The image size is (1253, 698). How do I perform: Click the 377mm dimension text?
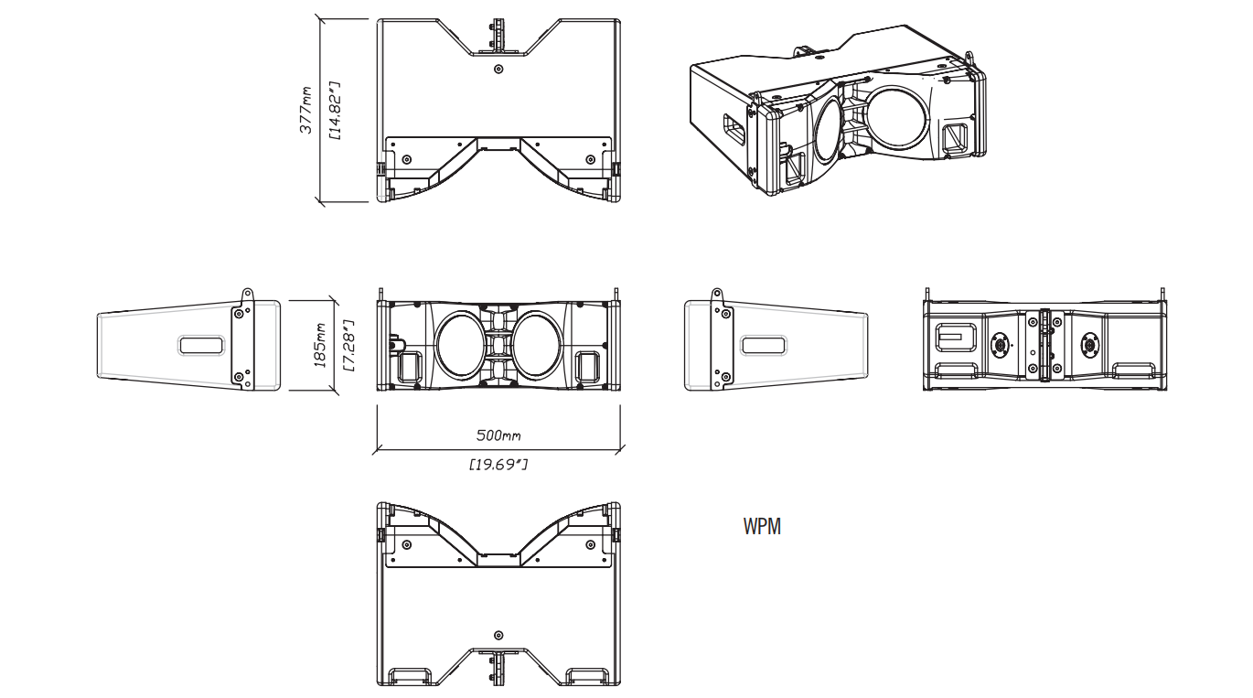pyautogui.click(x=306, y=110)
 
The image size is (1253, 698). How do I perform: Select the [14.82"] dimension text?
pyautogui.click(x=335, y=111)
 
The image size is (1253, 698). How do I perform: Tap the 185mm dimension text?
pyautogui.click(x=320, y=345)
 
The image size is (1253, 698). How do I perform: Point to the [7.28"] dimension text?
pyautogui.click(x=349, y=346)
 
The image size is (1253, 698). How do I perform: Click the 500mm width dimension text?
pyautogui.click(x=498, y=435)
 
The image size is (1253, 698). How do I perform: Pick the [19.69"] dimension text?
pyautogui.click(x=498, y=464)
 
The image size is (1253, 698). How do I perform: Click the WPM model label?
pyautogui.click(x=762, y=526)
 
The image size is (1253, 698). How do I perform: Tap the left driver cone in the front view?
pyautogui.click(x=459, y=343)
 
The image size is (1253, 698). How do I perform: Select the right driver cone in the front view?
pyautogui.click(x=537, y=343)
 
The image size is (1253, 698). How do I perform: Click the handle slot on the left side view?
pyautogui.click(x=201, y=345)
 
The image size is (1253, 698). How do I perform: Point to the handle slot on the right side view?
pyautogui.click(x=764, y=345)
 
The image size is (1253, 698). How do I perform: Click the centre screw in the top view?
pyautogui.click(x=498, y=69)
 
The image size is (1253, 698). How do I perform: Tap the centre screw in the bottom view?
pyautogui.click(x=498, y=635)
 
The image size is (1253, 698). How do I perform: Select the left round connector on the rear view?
pyautogui.click(x=1000, y=345)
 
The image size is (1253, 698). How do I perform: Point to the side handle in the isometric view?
pyautogui.click(x=735, y=129)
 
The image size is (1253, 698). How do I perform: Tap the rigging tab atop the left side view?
pyautogui.click(x=247, y=295)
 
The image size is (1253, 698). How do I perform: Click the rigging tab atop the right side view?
pyautogui.click(x=717, y=295)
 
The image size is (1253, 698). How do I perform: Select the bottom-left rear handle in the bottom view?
pyautogui.click(x=410, y=676)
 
